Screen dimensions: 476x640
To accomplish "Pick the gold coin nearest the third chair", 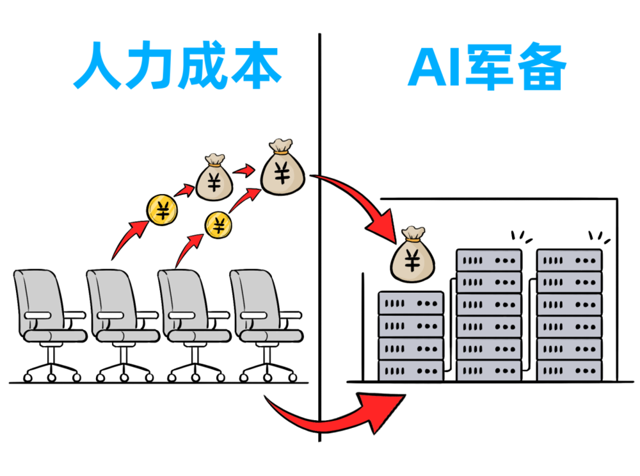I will click(219, 226).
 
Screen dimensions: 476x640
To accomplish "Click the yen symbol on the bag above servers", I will click(413, 261).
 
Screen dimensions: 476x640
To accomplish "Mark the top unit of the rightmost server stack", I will click(569, 261).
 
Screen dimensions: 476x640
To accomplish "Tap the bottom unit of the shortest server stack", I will click(411, 370).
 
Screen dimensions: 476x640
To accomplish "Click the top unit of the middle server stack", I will click(489, 261).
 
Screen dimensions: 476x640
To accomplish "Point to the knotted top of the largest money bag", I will click(281, 147).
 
